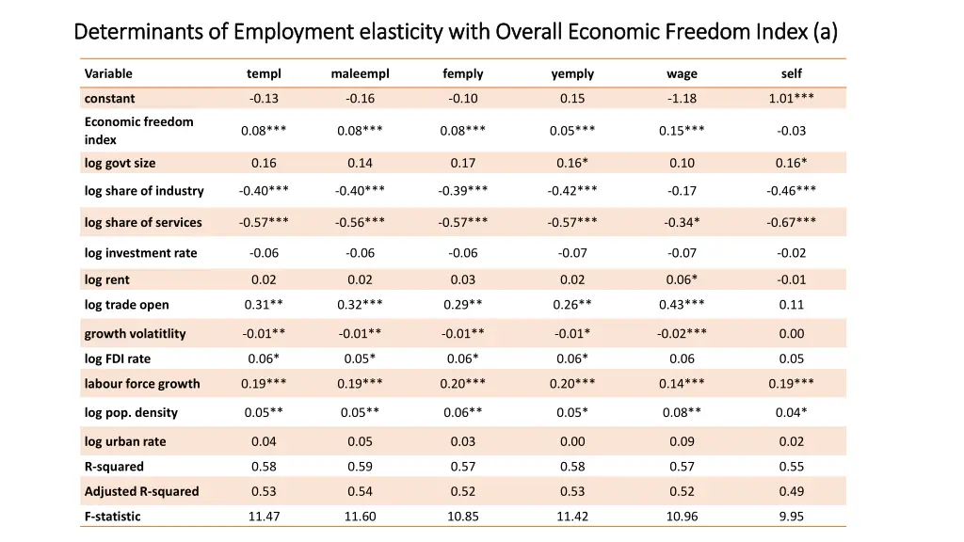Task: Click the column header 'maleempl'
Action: point(360,73)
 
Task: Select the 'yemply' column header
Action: point(572,73)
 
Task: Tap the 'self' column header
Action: point(791,73)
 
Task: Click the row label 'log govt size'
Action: point(120,163)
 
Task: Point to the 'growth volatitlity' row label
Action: point(135,334)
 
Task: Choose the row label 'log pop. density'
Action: point(131,412)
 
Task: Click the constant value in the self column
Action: point(791,98)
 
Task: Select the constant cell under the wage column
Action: point(682,98)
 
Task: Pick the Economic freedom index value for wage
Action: point(682,131)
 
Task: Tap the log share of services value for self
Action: point(791,222)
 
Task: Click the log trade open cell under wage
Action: point(682,305)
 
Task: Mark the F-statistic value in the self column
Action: point(791,517)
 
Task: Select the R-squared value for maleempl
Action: point(360,467)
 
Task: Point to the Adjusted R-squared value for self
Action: point(791,491)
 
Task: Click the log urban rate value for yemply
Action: point(572,441)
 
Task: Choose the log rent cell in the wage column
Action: point(682,279)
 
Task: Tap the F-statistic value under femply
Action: point(462,517)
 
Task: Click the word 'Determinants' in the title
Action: point(138,32)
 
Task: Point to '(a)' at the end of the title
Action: point(826,32)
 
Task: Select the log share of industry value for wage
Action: point(682,191)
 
